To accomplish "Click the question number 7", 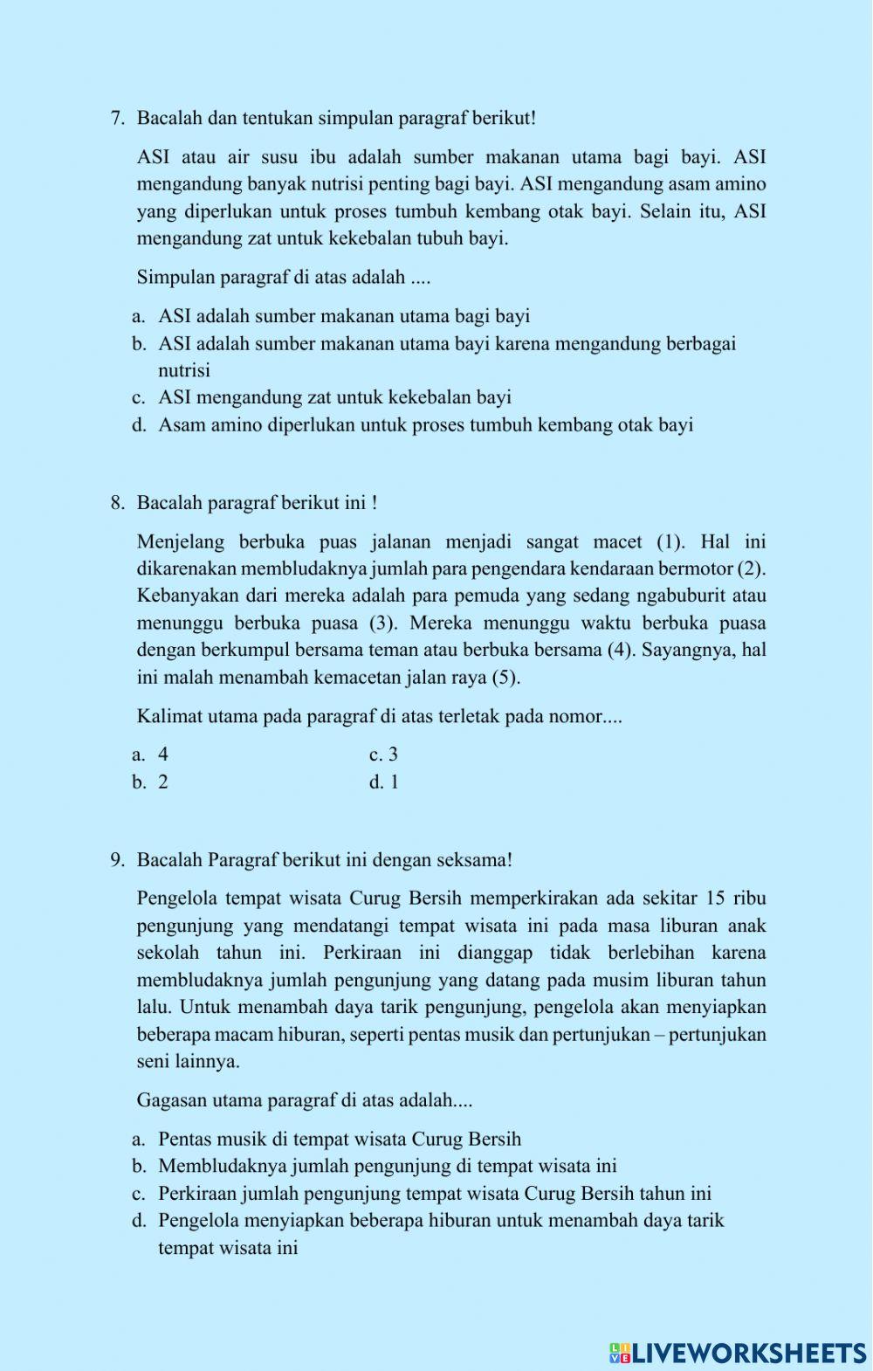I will [117, 118].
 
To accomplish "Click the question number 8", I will [117, 503].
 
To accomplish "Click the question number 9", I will [117, 860].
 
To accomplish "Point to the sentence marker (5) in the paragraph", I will [505, 678].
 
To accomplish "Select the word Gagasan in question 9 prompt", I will [171, 1100].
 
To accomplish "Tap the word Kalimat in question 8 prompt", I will [167, 717].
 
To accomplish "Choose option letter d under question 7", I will [139, 425].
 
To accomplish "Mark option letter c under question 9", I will [138, 1194].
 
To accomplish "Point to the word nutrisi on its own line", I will [184, 370].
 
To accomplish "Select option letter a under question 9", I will [138, 1140].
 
